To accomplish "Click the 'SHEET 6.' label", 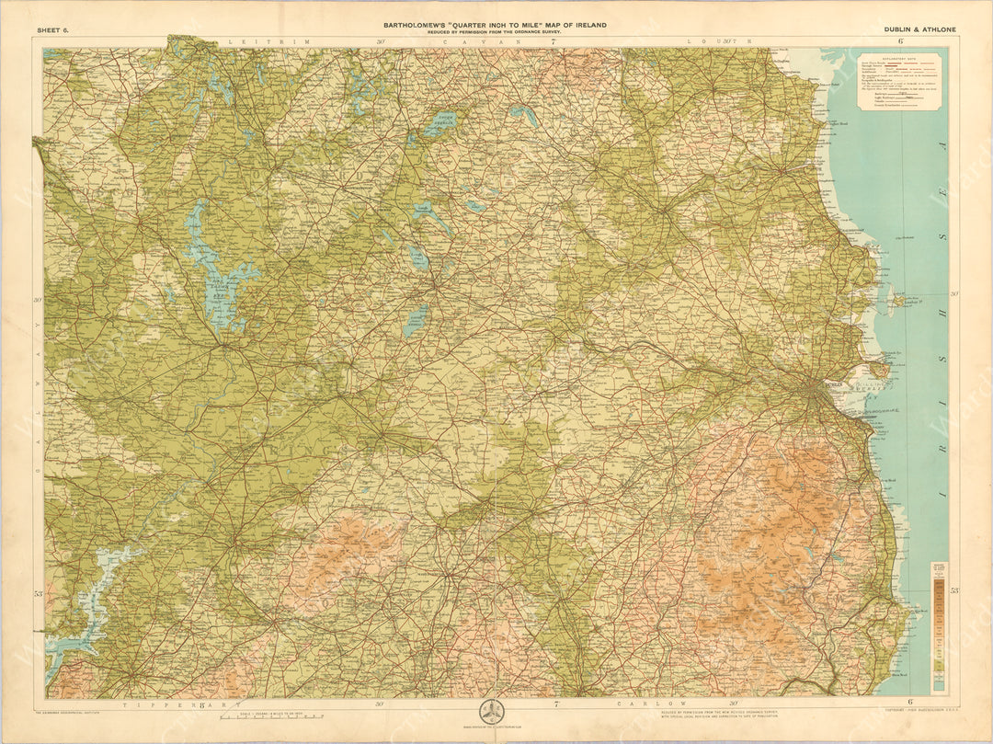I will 52,30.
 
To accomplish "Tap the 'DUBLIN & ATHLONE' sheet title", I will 919,29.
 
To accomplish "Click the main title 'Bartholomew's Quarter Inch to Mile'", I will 495,25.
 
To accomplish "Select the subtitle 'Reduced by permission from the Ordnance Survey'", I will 495,32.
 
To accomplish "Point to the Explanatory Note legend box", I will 898,81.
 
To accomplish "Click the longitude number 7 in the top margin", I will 554,41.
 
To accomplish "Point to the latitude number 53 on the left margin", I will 39,594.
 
